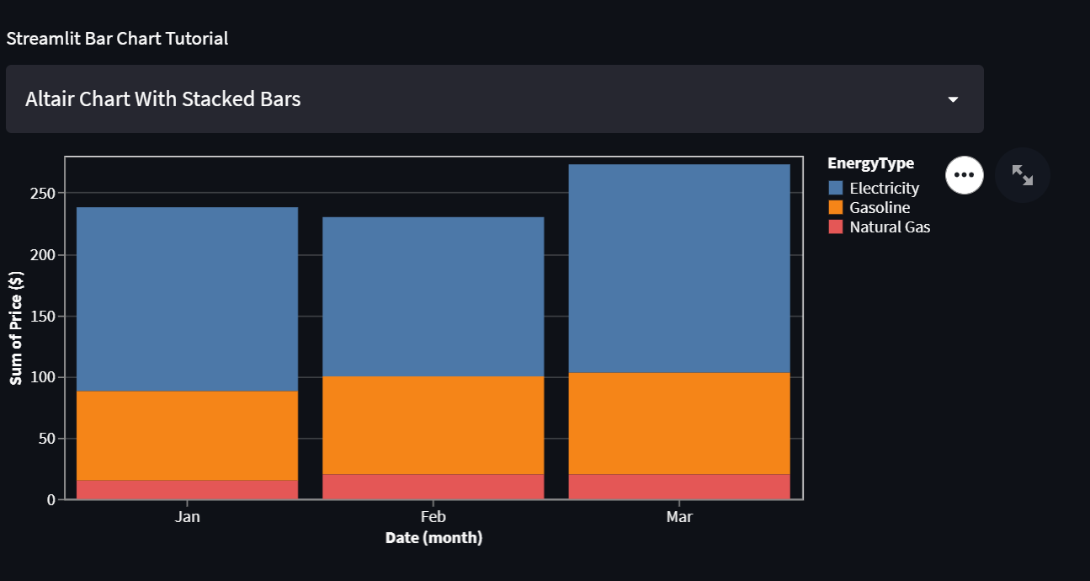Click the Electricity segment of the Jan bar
[x=187, y=299]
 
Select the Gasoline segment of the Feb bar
[x=433, y=425]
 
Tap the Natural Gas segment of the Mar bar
[x=679, y=487]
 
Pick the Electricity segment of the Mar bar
[x=679, y=268]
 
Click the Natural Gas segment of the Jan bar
[x=187, y=489]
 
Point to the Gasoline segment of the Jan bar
[x=187, y=435]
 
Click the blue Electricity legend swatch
[x=836, y=188]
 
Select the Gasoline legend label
[x=880, y=208]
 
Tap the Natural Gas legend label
[x=890, y=227]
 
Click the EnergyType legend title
[x=870, y=163]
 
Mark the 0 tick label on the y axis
[x=51, y=500]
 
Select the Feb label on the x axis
[x=433, y=517]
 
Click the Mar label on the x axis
[x=679, y=517]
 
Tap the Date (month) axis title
[x=433, y=537]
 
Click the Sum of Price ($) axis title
[x=16, y=328]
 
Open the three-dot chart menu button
[x=965, y=175]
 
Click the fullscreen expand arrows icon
[x=1023, y=175]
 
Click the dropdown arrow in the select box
[x=953, y=99]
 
